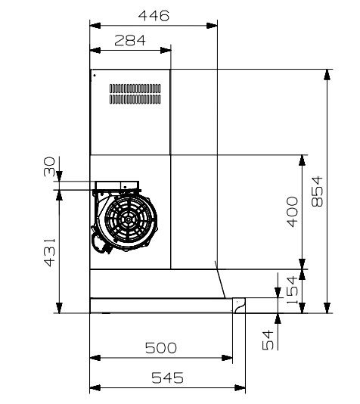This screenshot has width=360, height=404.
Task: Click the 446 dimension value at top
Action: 154,15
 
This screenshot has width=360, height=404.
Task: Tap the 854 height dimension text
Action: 317,191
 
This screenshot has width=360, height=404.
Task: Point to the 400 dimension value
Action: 292,212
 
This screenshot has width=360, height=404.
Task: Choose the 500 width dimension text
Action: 160,347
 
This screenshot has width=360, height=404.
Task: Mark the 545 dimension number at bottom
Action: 166,378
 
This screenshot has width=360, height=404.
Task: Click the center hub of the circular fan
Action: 127,221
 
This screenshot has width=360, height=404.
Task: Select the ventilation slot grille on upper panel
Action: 135,94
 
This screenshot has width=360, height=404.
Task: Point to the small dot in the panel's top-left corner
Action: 95,75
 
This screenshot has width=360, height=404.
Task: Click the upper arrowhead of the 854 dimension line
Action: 327,74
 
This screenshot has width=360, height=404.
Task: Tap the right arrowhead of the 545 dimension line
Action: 244,389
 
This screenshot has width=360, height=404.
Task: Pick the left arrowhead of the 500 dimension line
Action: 94,358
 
